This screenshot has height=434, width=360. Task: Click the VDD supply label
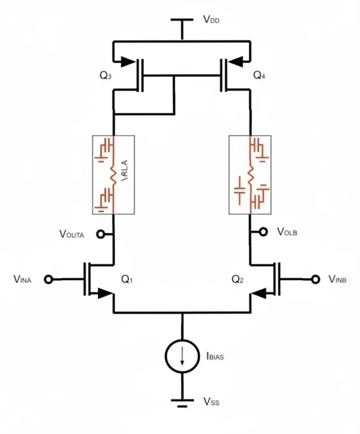tap(211, 20)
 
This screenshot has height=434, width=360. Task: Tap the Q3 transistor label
tap(106, 76)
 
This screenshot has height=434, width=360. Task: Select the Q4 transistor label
tap(260, 76)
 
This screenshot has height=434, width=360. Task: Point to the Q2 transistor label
tap(238, 279)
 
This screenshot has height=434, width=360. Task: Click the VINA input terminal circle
tap(48, 279)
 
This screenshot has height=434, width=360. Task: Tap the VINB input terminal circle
tap(317, 279)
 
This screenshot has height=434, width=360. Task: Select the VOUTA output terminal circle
tap(100, 234)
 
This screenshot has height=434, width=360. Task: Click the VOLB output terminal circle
tap(263, 232)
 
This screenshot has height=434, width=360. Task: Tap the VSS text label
tap(211, 403)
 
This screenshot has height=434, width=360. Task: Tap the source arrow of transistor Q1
tap(104, 293)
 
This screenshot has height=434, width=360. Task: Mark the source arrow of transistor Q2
tap(260, 293)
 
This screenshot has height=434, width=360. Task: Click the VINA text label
tap(22, 279)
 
